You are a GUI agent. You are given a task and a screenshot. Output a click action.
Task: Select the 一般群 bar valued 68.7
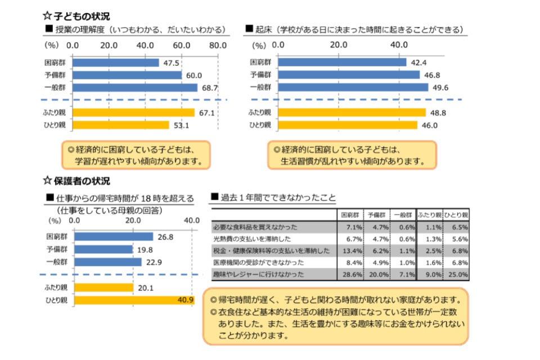[x=135, y=88]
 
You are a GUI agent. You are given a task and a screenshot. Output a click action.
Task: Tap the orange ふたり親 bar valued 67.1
[x=134, y=112]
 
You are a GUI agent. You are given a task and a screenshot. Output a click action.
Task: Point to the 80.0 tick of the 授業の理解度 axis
[x=217, y=45]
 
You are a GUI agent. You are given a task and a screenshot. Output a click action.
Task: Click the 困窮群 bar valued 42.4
[x=342, y=62]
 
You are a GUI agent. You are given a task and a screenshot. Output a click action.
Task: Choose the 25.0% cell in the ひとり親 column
[x=457, y=274]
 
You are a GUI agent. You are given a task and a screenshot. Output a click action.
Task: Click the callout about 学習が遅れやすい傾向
[x=135, y=156]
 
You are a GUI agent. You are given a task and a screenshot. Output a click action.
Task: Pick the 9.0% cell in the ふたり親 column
[x=430, y=274]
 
